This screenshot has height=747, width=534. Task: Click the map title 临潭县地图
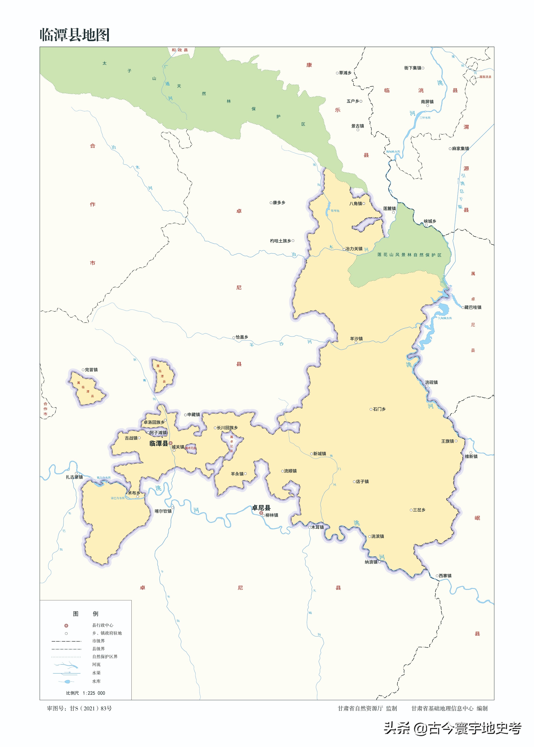(x=75, y=35)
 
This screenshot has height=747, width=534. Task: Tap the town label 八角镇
(x=355, y=203)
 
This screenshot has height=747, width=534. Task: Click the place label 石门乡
(x=379, y=409)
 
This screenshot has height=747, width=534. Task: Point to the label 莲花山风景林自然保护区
(x=409, y=255)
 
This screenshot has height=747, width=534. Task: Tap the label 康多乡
(x=279, y=203)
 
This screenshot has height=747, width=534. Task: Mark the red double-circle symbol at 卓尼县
(x=261, y=513)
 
